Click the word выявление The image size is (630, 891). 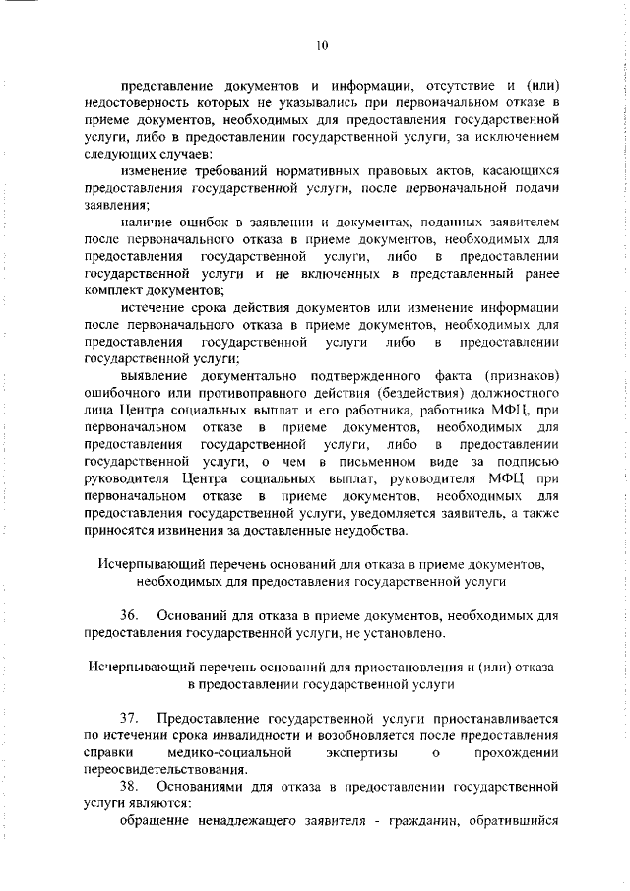click(x=151, y=377)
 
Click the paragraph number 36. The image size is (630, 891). click(x=128, y=615)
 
